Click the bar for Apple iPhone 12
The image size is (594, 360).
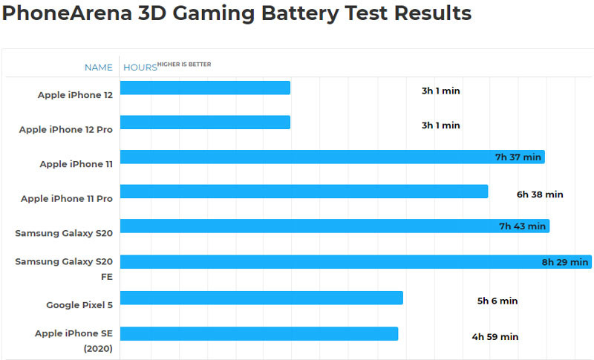tap(205, 88)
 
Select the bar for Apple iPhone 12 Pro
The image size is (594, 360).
tap(205, 122)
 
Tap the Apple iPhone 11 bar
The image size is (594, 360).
tap(332, 157)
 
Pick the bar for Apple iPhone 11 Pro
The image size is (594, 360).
tap(304, 192)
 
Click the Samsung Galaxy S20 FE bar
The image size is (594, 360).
tap(356, 261)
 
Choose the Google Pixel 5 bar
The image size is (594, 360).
tap(261, 298)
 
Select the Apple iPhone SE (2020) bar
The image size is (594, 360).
tap(259, 333)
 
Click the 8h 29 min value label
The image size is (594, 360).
tap(565, 262)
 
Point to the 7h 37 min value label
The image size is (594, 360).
tap(518, 157)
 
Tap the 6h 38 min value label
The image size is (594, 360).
tap(540, 194)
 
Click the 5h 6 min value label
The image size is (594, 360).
tap(497, 301)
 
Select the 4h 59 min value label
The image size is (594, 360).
tap(495, 336)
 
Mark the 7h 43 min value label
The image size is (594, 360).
tap(522, 226)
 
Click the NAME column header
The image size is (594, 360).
tap(98, 68)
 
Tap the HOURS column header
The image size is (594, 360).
tap(140, 68)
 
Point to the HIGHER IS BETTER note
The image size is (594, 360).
tap(184, 65)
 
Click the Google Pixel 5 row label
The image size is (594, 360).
tap(79, 305)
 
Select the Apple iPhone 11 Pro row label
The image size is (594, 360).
tap(67, 198)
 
